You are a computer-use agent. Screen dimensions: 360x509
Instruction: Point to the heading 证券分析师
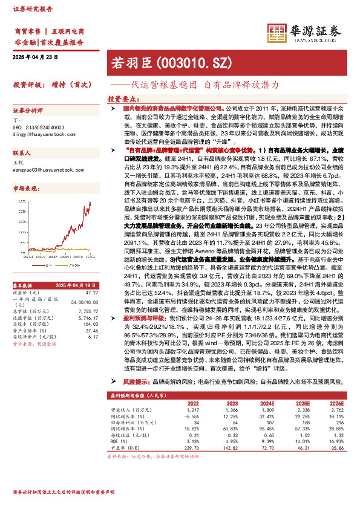pos(28,111)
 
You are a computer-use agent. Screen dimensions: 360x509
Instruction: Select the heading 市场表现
pos(25,189)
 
